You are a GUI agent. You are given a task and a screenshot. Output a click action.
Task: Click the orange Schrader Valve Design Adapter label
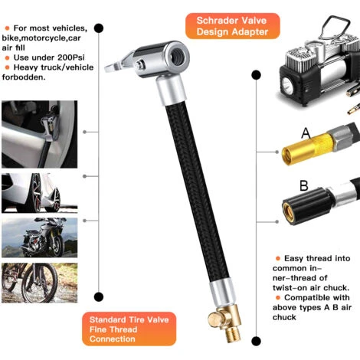tap(233, 26)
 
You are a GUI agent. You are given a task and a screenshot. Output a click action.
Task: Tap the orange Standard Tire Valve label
tap(129, 329)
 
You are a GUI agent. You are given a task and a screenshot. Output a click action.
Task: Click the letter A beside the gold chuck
tap(306, 133)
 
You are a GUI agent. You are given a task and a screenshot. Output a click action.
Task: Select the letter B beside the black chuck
tap(304, 185)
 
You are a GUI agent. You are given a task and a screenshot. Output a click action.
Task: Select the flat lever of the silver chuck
tap(117, 64)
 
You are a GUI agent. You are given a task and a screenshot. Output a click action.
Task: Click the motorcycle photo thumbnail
tap(40, 237)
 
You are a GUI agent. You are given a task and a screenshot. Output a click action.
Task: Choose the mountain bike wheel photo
tap(40, 283)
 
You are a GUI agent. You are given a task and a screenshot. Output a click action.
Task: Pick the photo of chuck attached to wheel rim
tap(40, 134)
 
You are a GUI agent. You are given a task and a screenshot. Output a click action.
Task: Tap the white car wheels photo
tap(40, 193)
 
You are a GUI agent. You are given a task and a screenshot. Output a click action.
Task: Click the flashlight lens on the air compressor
tap(287, 83)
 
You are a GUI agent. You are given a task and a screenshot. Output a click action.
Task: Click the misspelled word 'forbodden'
tap(24, 77)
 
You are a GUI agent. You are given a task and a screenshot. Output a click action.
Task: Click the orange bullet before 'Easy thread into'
tap(278, 258)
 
